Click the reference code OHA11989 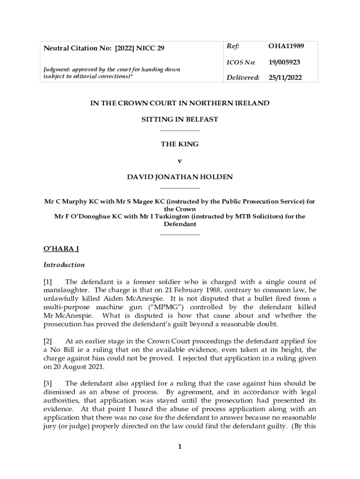point(286,46)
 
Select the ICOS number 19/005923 point(284,62)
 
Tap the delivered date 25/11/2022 point(285,78)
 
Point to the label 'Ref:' point(233,46)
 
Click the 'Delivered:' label point(243,78)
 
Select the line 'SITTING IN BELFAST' point(180,119)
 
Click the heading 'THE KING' point(180,144)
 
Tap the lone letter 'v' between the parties point(180,160)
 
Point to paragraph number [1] point(49,282)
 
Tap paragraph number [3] point(49,384)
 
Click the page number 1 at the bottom point(180,447)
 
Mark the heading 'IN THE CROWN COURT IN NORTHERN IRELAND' point(180,103)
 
